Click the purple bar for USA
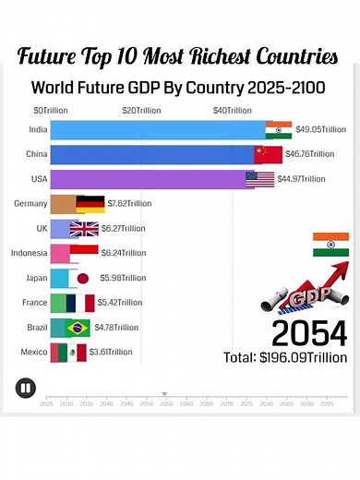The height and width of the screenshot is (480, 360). click(148, 179)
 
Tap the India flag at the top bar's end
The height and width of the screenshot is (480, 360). click(279, 128)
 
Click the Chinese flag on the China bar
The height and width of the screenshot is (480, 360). click(266, 154)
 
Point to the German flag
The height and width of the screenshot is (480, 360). click(90, 204)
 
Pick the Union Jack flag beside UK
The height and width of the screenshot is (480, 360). click(84, 229)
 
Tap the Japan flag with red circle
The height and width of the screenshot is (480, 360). click(81, 278)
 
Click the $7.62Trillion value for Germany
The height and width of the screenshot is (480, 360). click(128, 204)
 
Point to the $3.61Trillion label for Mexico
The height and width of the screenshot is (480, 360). click(111, 352)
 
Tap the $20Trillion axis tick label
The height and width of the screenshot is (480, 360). click(140, 110)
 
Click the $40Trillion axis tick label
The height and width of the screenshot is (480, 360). click(232, 110)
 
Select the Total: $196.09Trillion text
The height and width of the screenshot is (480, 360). click(285, 357)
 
